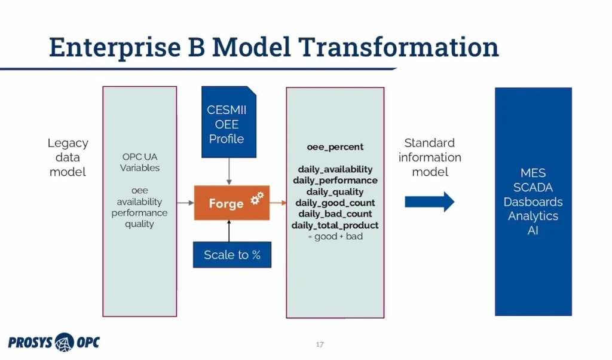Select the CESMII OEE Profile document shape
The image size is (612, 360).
[x=229, y=123]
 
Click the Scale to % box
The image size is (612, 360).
[x=232, y=255]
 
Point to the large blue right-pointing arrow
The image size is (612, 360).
[x=429, y=202]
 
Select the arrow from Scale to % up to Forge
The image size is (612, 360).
[x=229, y=231]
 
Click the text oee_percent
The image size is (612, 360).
[x=335, y=147]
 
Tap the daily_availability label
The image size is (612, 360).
[x=335, y=169]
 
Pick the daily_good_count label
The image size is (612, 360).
[x=335, y=203]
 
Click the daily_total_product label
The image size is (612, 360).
[x=335, y=225]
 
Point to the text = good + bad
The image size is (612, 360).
[x=335, y=236]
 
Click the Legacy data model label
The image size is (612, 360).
[x=68, y=157]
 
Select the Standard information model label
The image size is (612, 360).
[x=430, y=157]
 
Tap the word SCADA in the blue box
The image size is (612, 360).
[x=533, y=187]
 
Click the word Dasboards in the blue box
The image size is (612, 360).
[x=533, y=202]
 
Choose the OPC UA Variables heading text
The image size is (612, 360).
[x=140, y=162]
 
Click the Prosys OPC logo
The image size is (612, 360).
[x=54, y=342]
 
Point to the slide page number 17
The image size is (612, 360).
[x=320, y=344]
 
